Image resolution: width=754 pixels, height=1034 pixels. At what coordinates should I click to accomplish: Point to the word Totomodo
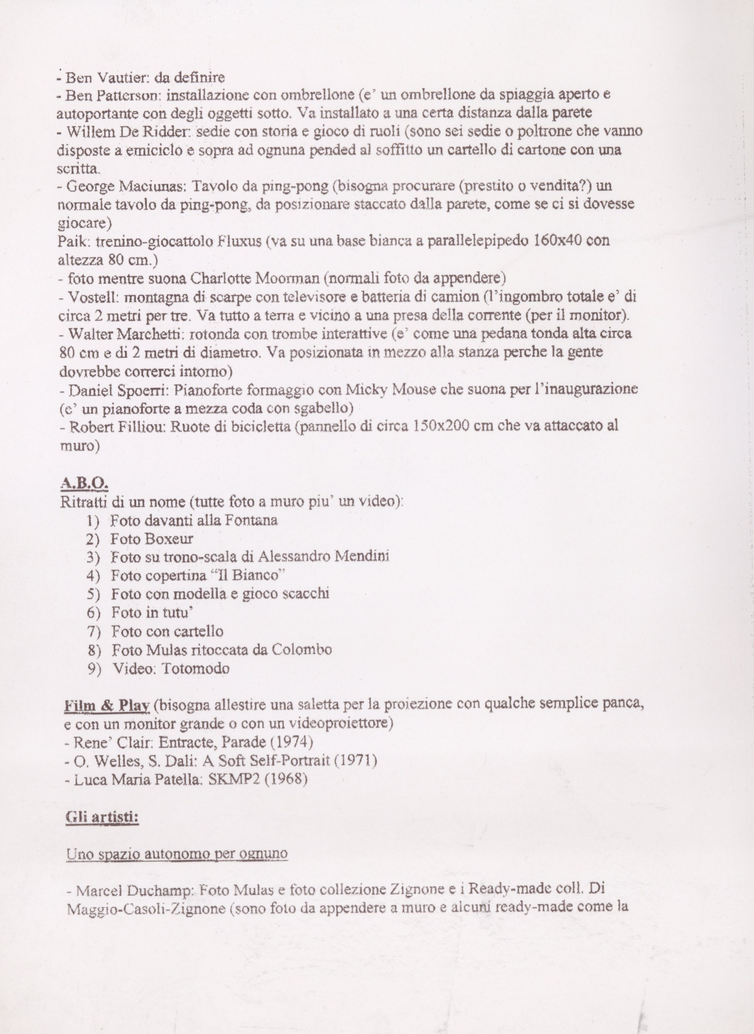(195, 669)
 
